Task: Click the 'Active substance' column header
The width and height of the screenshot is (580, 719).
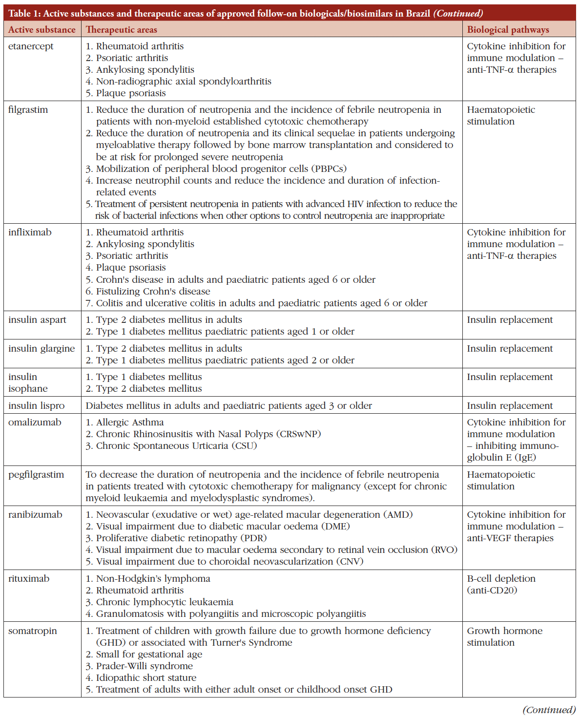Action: (42, 30)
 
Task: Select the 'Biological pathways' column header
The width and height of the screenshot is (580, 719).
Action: (508, 30)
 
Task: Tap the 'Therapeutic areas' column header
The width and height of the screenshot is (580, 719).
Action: (122, 30)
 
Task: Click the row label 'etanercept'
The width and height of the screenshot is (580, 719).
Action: (31, 46)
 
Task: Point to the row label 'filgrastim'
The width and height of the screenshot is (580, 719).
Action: (28, 110)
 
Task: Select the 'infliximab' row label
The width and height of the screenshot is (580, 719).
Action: (30, 233)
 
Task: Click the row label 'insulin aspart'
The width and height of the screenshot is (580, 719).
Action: (37, 320)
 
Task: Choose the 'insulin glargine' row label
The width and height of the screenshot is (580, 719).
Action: (41, 349)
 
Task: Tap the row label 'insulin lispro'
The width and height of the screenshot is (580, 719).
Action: (36, 406)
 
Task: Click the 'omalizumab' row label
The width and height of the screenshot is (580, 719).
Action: (35, 423)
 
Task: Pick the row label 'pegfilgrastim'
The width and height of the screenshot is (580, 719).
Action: (36, 475)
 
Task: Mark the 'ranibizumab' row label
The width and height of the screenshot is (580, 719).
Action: (35, 515)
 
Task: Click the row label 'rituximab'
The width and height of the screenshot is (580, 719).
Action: (29, 579)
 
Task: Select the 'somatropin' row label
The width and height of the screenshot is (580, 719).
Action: (32, 631)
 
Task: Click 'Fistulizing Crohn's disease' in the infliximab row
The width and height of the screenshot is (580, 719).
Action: (153, 292)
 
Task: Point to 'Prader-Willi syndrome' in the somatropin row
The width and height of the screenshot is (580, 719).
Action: (144, 666)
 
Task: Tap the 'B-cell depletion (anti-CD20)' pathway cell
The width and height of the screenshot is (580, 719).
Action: (501, 585)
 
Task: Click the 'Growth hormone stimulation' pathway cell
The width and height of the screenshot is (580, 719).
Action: (504, 637)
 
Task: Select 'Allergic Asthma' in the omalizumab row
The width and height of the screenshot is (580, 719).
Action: (130, 423)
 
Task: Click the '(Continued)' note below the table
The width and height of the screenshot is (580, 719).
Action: (549, 710)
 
